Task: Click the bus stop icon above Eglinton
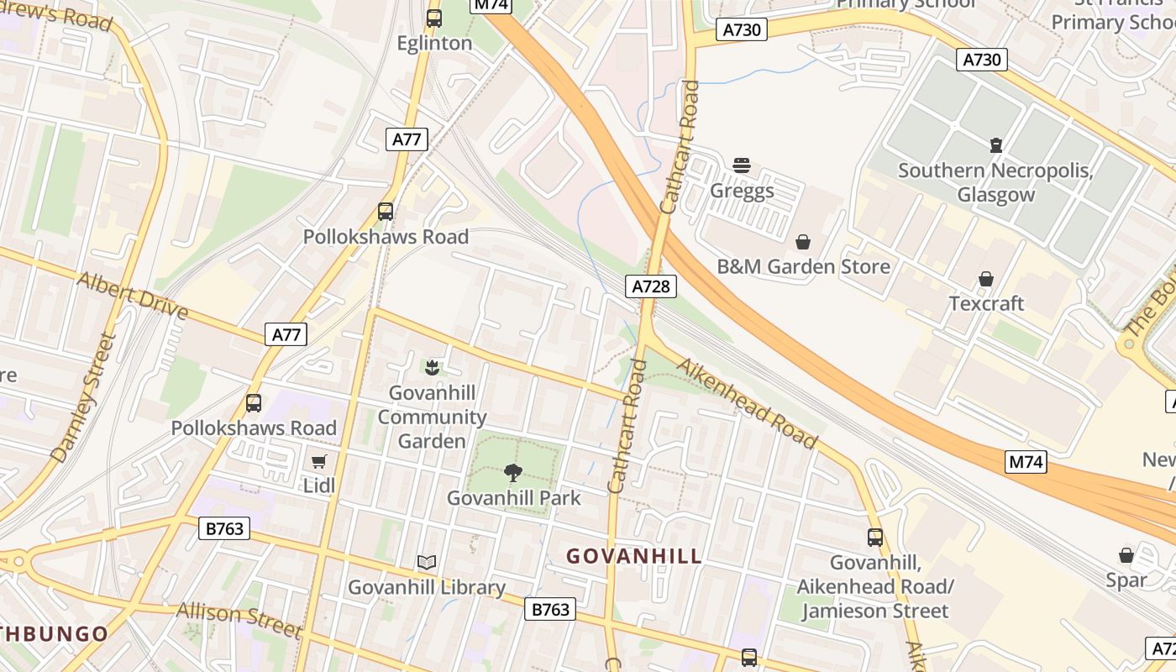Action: pyautogui.click(x=434, y=18)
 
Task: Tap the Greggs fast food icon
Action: pyautogui.click(x=741, y=165)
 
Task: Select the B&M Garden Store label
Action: pyautogui.click(x=803, y=267)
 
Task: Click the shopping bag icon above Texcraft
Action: pyautogui.click(x=986, y=279)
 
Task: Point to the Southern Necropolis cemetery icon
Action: pyautogui.click(x=996, y=145)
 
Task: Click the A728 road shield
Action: pyautogui.click(x=651, y=286)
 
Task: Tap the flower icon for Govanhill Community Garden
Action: pyautogui.click(x=432, y=367)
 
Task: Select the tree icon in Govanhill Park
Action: pyautogui.click(x=513, y=473)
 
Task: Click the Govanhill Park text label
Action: pyautogui.click(x=513, y=498)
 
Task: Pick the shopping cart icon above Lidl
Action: pyautogui.click(x=319, y=461)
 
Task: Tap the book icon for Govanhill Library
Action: pyautogui.click(x=427, y=562)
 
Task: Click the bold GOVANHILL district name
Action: pyautogui.click(x=634, y=556)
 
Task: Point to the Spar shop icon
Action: pyautogui.click(x=1126, y=555)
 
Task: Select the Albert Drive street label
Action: pyautogui.click(x=133, y=295)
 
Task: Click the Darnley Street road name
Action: pyautogui.click(x=82, y=397)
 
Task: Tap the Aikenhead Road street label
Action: pyautogui.click(x=746, y=403)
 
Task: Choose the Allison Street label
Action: pyautogui.click(x=239, y=618)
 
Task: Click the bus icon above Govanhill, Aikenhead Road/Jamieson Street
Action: pyautogui.click(x=875, y=537)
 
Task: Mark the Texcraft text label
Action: pyautogui.click(x=986, y=303)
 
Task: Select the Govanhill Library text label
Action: pyautogui.click(x=427, y=587)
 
